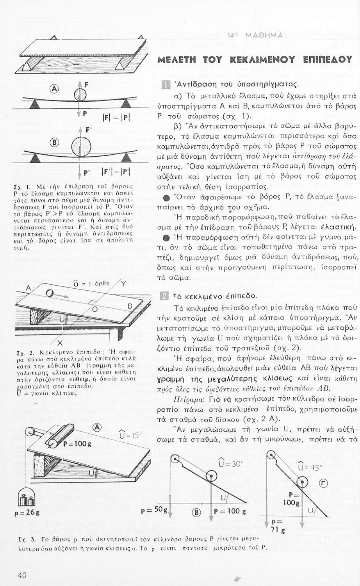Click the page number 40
(x=22, y=575)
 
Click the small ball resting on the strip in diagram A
(x=81, y=94)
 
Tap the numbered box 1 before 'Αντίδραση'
(x=166, y=84)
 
